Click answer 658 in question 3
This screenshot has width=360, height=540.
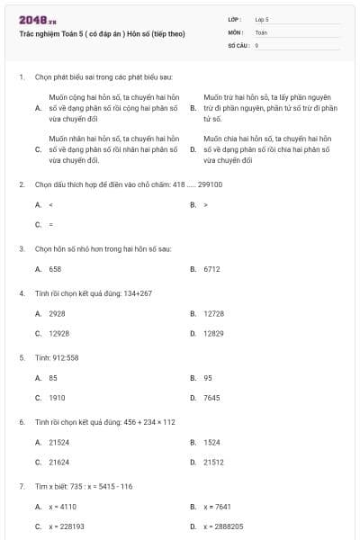(55, 269)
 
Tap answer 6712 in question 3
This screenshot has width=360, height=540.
(211, 269)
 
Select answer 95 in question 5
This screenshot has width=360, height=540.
(208, 378)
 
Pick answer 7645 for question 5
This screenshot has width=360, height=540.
(211, 398)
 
